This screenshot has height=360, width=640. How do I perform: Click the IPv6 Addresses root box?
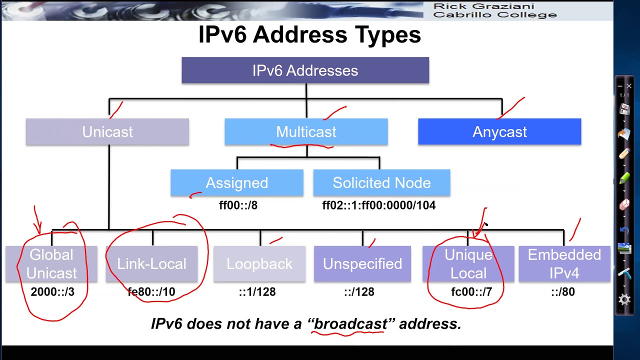point(305,70)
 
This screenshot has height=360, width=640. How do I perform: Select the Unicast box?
point(107,132)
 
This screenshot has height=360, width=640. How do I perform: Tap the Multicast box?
point(306,132)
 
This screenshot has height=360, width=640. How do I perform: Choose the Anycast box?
point(499,132)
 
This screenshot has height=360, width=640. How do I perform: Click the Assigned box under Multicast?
point(236,183)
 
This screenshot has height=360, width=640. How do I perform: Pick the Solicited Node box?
point(381,183)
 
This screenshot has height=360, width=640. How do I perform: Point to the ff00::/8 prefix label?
point(238,205)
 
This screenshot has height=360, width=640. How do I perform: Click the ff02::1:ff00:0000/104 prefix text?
point(378,205)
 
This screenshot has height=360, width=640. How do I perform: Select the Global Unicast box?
point(51,264)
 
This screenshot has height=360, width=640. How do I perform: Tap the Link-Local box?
point(151,264)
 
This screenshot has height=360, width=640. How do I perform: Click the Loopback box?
point(259,264)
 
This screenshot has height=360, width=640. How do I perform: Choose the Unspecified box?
point(362,264)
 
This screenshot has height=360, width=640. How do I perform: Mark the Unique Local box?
point(468,264)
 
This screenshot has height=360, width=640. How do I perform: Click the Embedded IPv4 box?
point(564,264)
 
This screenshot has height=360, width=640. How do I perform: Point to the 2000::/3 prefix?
point(52,292)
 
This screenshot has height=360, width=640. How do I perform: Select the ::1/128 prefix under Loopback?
point(257,292)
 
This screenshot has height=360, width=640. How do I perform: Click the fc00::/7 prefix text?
point(471,292)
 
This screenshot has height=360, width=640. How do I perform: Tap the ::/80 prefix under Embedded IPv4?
point(562,292)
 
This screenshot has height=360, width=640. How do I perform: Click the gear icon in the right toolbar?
point(624,299)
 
